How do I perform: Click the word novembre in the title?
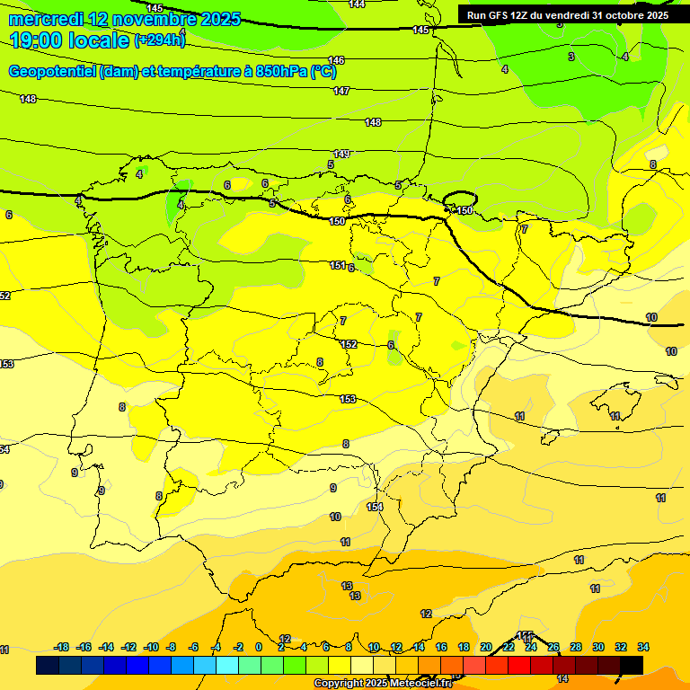[144, 19]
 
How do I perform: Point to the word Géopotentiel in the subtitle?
[53, 72]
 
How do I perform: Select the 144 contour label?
[357, 4]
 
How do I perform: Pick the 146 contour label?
[336, 60]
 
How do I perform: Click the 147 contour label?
[341, 92]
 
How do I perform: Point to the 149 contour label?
[341, 155]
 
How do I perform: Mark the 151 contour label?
[337, 265]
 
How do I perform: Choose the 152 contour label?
[349, 344]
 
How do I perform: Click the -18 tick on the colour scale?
[62, 647]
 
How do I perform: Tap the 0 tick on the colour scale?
[259, 647]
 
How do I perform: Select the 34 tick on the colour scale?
[643, 647]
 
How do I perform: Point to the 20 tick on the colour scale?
[486, 647]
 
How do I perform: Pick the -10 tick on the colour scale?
[151, 647]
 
